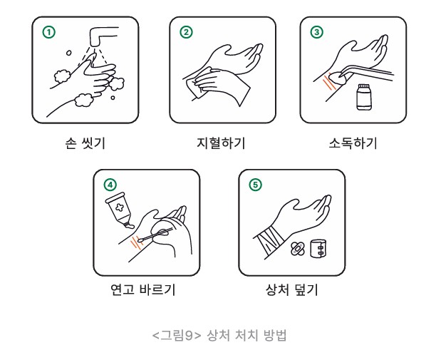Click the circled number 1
tap(48, 32)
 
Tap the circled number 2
tap(186, 32)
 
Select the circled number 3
tap(317, 32)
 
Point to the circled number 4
tap(110, 185)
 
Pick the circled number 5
tap(255, 185)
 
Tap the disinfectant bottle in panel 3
tap(364, 97)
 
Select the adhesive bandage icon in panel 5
tap(298, 248)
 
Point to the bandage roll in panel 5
tap(318, 248)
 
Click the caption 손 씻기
tap(85, 143)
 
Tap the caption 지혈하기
tap(221, 143)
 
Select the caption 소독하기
tap(353, 143)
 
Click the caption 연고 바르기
tap(143, 289)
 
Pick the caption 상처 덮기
tap(291, 289)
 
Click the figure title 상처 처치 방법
tap(246, 335)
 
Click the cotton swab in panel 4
tap(155, 235)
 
